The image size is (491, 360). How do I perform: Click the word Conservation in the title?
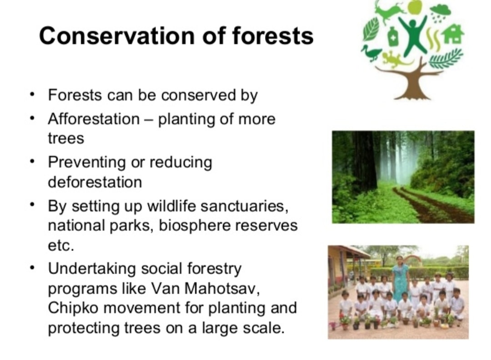(x=117, y=36)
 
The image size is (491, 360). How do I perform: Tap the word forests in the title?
(x=272, y=36)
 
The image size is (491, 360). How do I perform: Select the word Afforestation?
(x=94, y=119)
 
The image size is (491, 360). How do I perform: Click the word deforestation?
(x=95, y=182)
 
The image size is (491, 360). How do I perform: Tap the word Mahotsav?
(x=222, y=288)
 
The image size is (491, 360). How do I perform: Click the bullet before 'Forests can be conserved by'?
(x=32, y=94)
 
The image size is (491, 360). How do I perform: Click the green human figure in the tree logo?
(x=413, y=35)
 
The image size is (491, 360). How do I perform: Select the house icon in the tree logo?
(x=453, y=34)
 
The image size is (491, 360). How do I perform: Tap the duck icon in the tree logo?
(x=371, y=53)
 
